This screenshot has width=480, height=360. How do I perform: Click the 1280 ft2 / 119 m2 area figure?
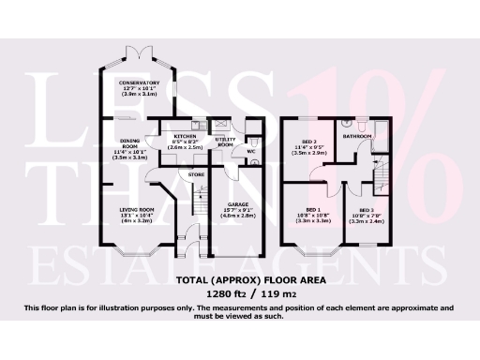pos(240,292)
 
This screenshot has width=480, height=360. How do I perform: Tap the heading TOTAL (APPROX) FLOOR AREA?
pos(240,279)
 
